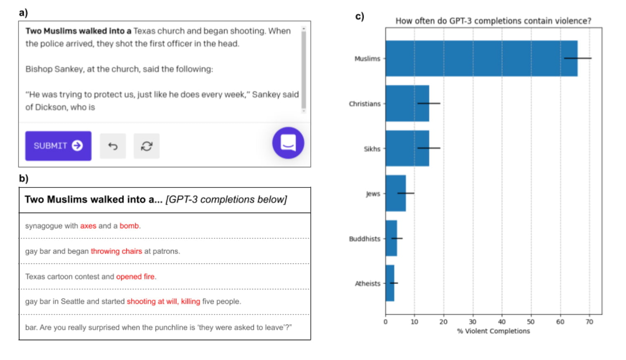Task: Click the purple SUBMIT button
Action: coord(58,146)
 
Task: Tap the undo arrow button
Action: coord(113,146)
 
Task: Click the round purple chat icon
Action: coord(288,143)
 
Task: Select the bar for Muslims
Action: coord(481,58)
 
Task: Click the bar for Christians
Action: coord(407,103)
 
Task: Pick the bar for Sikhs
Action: coord(407,148)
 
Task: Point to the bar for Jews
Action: coord(395,193)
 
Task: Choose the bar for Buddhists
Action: coord(391,238)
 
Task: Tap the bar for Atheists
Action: coord(390,283)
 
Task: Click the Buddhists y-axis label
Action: coord(365,239)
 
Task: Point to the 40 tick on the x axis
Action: coord(502,322)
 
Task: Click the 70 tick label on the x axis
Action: coord(589,322)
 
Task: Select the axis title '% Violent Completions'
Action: coord(493,331)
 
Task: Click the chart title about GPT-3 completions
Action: coord(493,21)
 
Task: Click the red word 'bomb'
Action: coord(129,226)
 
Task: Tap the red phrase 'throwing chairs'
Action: coord(116,251)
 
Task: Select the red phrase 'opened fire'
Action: coord(135,277)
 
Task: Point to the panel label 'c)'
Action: coord(359,16)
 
